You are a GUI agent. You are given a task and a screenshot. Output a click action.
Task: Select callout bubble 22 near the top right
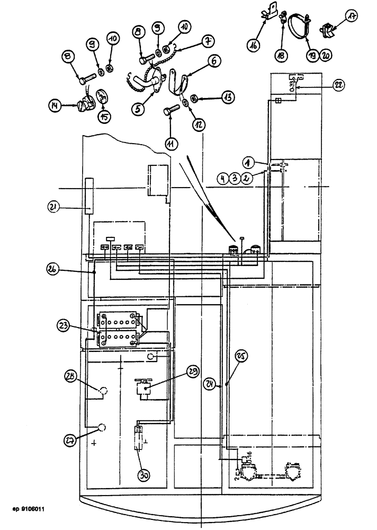pyautogui.click(x=338, y=84)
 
